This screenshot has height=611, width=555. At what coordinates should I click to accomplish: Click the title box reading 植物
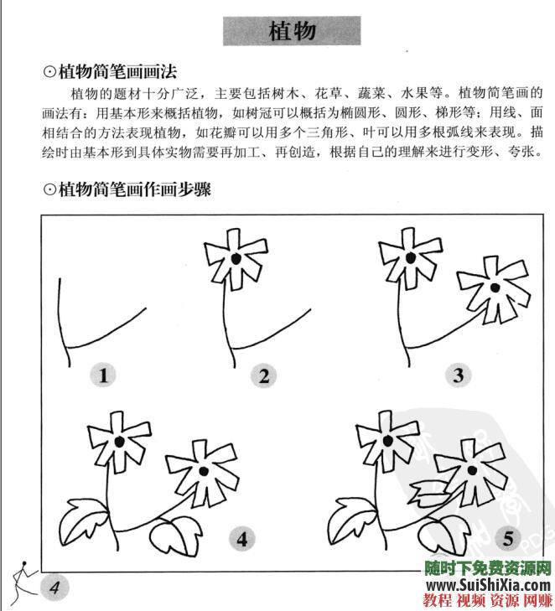point(292,31)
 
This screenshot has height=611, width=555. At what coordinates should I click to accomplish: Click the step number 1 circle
point(104,375)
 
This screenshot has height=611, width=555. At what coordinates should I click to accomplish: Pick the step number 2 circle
point(263,375)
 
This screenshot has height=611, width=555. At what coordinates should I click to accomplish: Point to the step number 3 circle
point(457,375)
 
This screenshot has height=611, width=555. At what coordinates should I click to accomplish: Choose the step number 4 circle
point(243,538)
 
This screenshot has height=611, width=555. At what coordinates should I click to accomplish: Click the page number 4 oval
point(54,586)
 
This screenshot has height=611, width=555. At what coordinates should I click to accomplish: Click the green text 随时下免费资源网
point(486,567)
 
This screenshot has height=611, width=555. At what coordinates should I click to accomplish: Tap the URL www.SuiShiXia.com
point(486,584)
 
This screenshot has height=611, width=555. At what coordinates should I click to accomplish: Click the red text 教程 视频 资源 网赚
point(486,600)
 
